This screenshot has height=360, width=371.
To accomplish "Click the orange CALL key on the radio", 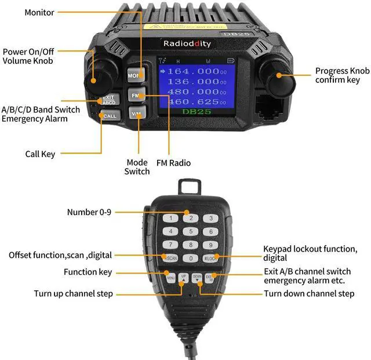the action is click(x=109, y=116).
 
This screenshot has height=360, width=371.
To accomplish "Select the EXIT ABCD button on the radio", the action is click(x=108, y=99).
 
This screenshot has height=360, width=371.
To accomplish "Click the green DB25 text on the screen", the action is click(x=194, y=111).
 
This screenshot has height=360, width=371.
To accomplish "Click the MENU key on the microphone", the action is click(x=171, y=277).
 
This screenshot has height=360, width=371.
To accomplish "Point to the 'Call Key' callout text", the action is click(x=40, y=154).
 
